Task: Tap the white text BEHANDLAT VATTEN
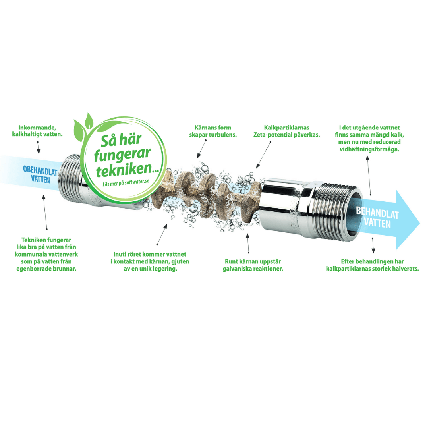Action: tap(377, 217)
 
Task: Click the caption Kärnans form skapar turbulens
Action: tap(213, 131)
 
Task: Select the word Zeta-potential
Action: tap(269, 135)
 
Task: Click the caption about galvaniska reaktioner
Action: tap(253, 265)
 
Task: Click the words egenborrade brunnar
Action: tap(49, 269)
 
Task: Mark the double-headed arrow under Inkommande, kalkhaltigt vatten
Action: tap(38, 148)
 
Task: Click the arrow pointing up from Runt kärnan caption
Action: tap(248, 243)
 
